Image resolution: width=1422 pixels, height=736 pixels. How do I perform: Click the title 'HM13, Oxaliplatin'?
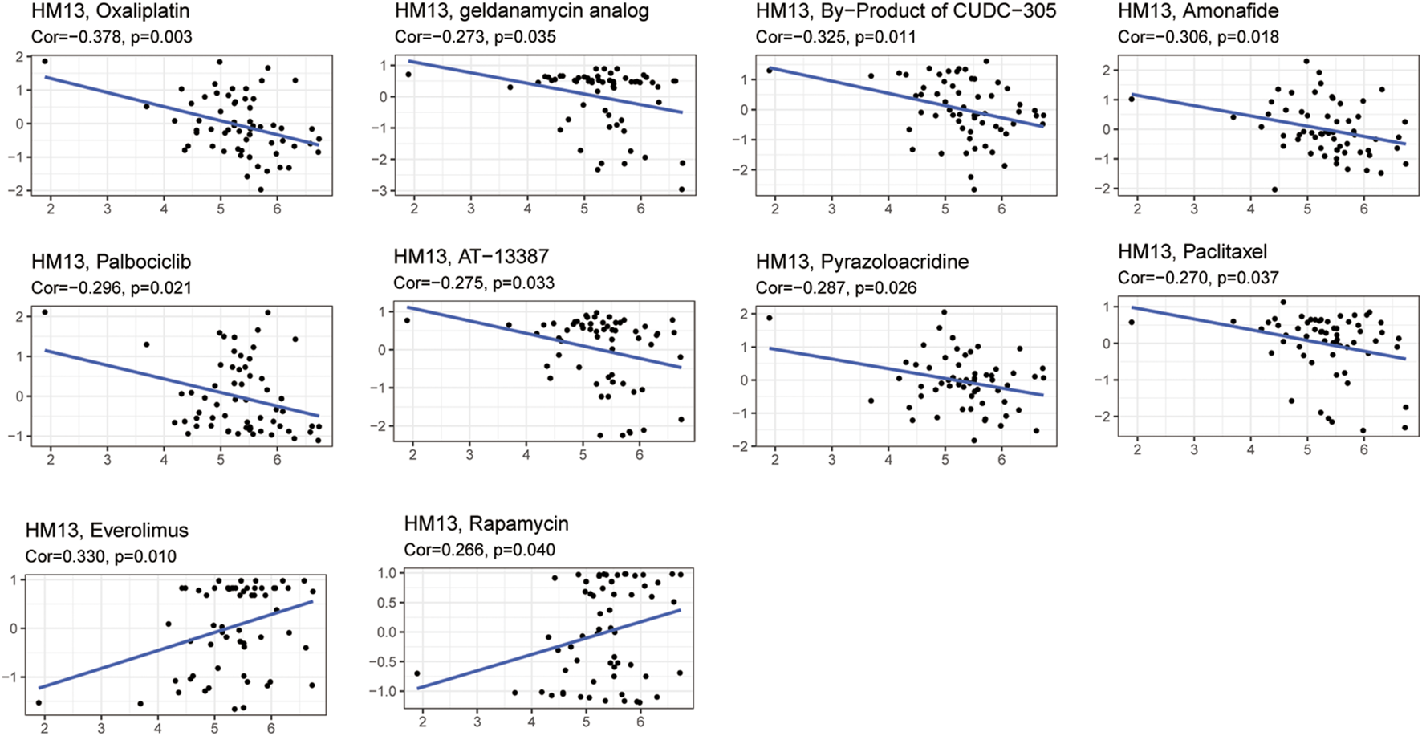point(110,11)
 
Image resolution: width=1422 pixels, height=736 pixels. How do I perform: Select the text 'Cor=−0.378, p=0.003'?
point(112,37)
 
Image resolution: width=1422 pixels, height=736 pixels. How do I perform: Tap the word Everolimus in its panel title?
point(139,531)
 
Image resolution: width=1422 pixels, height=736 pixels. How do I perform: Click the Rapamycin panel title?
point(486,524)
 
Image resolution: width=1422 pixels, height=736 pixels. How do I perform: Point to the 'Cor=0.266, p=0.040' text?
point(479,550)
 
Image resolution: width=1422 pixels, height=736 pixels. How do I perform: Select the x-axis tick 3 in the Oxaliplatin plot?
point(108,209)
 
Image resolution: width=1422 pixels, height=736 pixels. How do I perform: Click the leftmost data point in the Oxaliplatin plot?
point(45,61)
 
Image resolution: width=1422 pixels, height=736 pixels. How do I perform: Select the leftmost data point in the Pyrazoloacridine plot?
point(769,318)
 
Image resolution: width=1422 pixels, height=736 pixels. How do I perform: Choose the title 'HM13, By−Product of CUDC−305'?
point(906,11)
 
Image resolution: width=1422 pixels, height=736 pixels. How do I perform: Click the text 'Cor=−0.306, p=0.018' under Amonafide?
point(1198,37)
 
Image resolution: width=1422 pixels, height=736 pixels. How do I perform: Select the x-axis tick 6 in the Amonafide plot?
point(1363,209)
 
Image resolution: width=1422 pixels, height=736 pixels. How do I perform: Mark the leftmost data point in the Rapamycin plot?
point(416,673)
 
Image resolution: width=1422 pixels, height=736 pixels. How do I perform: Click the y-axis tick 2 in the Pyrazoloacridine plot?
point(744,314)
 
